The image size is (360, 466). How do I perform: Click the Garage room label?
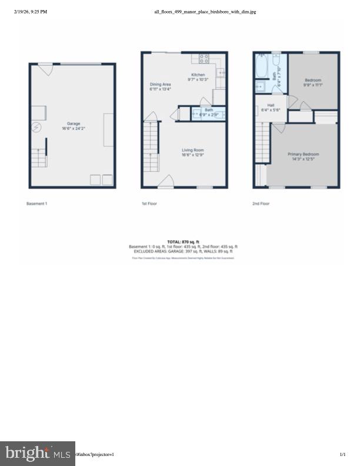click(x=73, y=124)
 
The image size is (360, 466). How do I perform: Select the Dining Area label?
click(x=160, y=85)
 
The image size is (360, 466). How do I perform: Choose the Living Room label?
click(x=192, y=150)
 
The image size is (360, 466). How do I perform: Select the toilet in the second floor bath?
click(x=260, y=87)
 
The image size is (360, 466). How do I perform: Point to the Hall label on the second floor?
click(x=271, y=105)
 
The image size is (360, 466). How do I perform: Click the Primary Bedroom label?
click(x=302, y=154)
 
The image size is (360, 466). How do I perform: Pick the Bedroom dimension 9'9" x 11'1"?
click(x=313, y=85)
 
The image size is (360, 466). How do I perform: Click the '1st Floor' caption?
click(x=149, y=204)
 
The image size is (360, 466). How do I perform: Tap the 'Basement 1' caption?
click(x=37, y=204)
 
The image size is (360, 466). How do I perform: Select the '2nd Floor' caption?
click(x=261, y=204)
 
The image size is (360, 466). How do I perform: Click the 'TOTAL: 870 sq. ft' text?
click(x=184, y=242)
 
